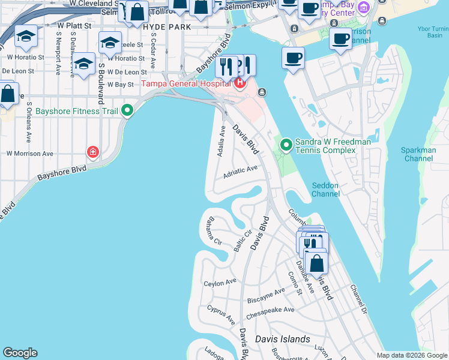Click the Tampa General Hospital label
pyautogui.click(x=187, y=83)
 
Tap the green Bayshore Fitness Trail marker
pyautogui.click(x=127, y=110)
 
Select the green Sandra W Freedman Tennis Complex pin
pyautogui.click(x=286, y=144)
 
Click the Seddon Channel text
pyautogui.click(x=326, y=189)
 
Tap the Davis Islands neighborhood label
pyautogui.click(x=282, y=339)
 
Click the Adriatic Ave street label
pyautogui.click(x=240, y=172)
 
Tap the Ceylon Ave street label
pyautogui.click(x=220, y=283)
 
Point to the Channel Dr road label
pyautogui.click(x=358, y=299)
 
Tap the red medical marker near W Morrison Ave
pyautogui.click(x=92, y=152)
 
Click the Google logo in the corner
pyautogui.click(x=20, y=353)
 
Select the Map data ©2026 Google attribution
pyautogui.click(x=411, y=355)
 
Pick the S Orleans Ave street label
pyautogui.click(x=29, y=122)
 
